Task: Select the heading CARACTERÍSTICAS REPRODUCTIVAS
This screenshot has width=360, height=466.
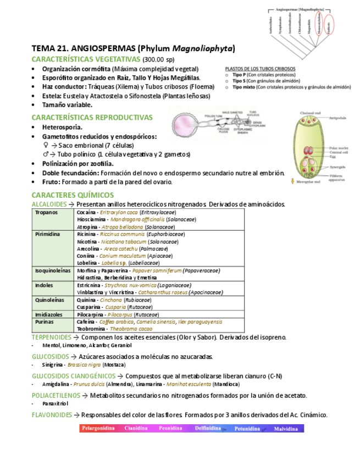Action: [92, 117]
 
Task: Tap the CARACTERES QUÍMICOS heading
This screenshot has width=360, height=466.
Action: [73, 195]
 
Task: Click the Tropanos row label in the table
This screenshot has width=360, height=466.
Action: [46, 212]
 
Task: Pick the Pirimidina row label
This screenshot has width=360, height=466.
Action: [47, 234]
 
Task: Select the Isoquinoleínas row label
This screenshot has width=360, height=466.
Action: [53, 271]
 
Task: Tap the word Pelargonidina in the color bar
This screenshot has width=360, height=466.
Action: [98, 428]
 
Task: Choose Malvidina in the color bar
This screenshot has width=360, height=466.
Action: [285, 428]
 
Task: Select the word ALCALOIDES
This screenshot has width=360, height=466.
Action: [49, 204]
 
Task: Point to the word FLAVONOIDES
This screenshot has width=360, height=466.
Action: [52, 415]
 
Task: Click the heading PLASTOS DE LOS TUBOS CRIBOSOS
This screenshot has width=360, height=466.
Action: [260, 69]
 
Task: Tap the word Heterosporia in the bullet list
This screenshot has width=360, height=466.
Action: [62, 127]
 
